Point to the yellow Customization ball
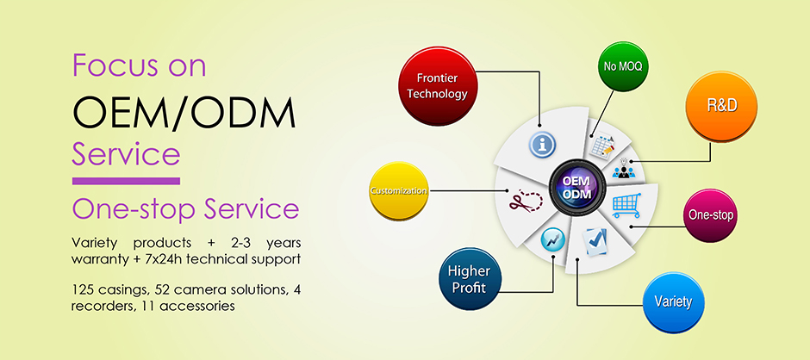click(398, 190)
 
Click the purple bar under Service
click(126, 181)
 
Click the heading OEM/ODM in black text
click(184, 112)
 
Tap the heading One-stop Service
click(185, 209)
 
